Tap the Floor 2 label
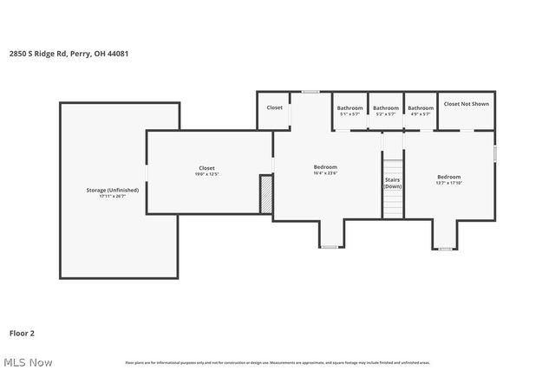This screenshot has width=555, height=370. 22,332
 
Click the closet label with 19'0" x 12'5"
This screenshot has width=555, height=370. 206,168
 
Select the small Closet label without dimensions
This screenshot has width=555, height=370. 274,107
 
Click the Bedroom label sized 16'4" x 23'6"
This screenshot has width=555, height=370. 325,166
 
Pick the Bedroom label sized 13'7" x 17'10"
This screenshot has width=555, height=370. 448,177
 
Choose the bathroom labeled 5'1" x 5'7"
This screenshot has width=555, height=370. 349,108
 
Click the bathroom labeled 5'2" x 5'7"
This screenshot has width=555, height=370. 386,108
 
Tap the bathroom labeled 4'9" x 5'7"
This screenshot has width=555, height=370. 421,108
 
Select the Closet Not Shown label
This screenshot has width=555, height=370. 466,104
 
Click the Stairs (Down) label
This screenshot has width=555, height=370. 393,183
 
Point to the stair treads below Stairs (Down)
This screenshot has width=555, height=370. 393,204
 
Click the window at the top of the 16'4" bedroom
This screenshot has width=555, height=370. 310,91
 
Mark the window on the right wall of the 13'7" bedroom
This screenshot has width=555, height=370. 495,153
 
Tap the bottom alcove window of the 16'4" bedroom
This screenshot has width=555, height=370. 330,247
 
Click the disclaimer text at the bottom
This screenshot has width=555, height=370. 277,362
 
